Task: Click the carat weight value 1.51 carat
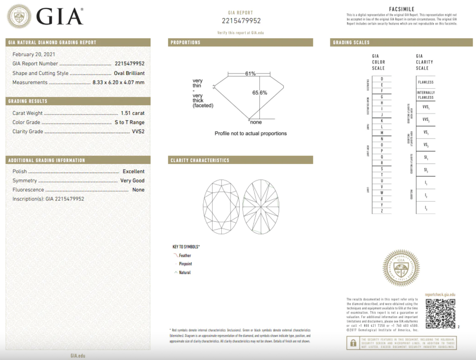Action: point(132,113)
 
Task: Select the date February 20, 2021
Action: point(34,54)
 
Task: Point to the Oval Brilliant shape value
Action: point(129,73)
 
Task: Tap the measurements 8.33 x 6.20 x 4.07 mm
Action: point(118,82)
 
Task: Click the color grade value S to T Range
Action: point(129,122)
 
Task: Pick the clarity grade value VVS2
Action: point(138,131)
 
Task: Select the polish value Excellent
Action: point(133,171)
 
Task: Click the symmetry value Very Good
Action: point(132,181)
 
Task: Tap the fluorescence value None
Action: point(138,190)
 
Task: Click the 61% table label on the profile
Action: point(250,74)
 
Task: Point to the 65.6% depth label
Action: point(260,93)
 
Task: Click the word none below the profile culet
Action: point(256,122)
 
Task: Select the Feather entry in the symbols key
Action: point(185,256)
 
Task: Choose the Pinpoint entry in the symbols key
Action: point(185,264)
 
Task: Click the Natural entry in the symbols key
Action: point(185,273)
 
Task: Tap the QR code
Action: point(440,314)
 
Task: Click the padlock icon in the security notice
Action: point(353,343)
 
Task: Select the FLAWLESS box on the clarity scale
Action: point(425,82)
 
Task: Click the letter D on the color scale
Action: point(382,79)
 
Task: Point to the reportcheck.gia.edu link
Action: point(440,295)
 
